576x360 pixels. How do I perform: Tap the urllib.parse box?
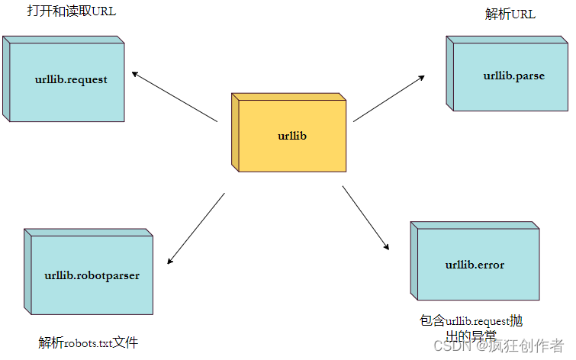[x=507, y=75]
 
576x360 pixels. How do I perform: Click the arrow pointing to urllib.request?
[x=174, y=97]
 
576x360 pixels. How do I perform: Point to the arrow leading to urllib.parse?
[x=389, y=98]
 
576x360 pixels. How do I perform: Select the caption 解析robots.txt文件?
[x=88, y=343]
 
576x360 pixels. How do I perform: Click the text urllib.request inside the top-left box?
[x=71, y=79]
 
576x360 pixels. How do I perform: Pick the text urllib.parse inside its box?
[x=513, y=76]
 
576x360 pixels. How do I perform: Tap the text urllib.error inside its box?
[x=475, y=265]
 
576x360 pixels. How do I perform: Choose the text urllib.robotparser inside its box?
[x=92, y=275]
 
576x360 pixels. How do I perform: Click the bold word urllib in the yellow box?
[x=291, y=137]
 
